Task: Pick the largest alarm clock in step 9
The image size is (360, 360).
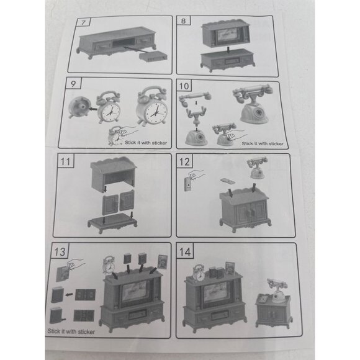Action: [x=152, y=107]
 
